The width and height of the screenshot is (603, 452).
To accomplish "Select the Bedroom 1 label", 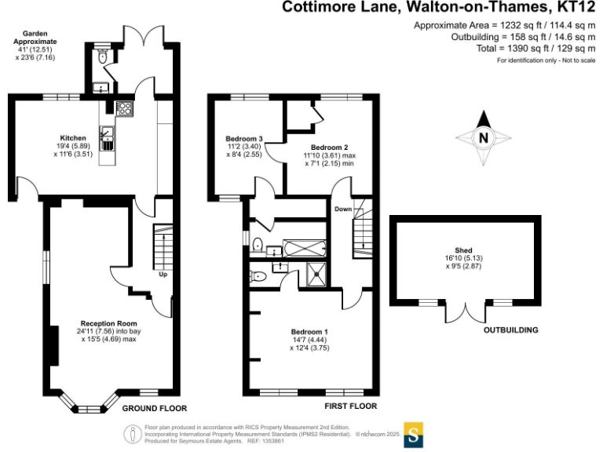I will coord(309,331).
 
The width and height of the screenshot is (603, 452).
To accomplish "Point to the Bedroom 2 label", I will coord(329,148).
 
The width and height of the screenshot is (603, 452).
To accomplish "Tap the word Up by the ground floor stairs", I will coord(163,275).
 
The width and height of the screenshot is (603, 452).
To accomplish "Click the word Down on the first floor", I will coord(343,210).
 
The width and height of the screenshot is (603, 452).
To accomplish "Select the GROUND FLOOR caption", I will coord(155,408).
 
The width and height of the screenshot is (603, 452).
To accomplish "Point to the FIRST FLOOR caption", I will coord(350,406).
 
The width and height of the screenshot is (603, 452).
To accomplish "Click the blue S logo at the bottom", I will coord(414,434).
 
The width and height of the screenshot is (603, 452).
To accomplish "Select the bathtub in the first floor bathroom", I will coord(300,249).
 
